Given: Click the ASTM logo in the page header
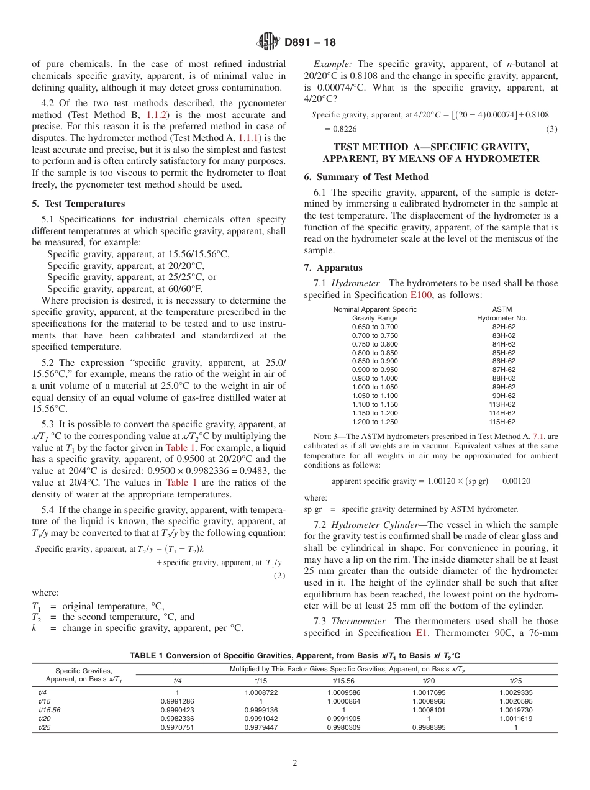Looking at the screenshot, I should [x=268, y=42].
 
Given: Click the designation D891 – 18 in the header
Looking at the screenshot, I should [x=310, y=42].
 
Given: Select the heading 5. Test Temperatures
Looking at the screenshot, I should [x=78, y=204].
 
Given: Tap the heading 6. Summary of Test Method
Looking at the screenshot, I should [x=366, y=177].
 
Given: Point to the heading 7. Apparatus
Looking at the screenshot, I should [x=333, y=268].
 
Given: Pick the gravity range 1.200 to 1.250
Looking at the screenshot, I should [x=374, y=422].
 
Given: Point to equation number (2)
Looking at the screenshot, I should [x=279, y=576].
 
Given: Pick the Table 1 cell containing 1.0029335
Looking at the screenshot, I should [x=515, y=692].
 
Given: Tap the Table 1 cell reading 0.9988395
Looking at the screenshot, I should [x=429, y=727].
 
